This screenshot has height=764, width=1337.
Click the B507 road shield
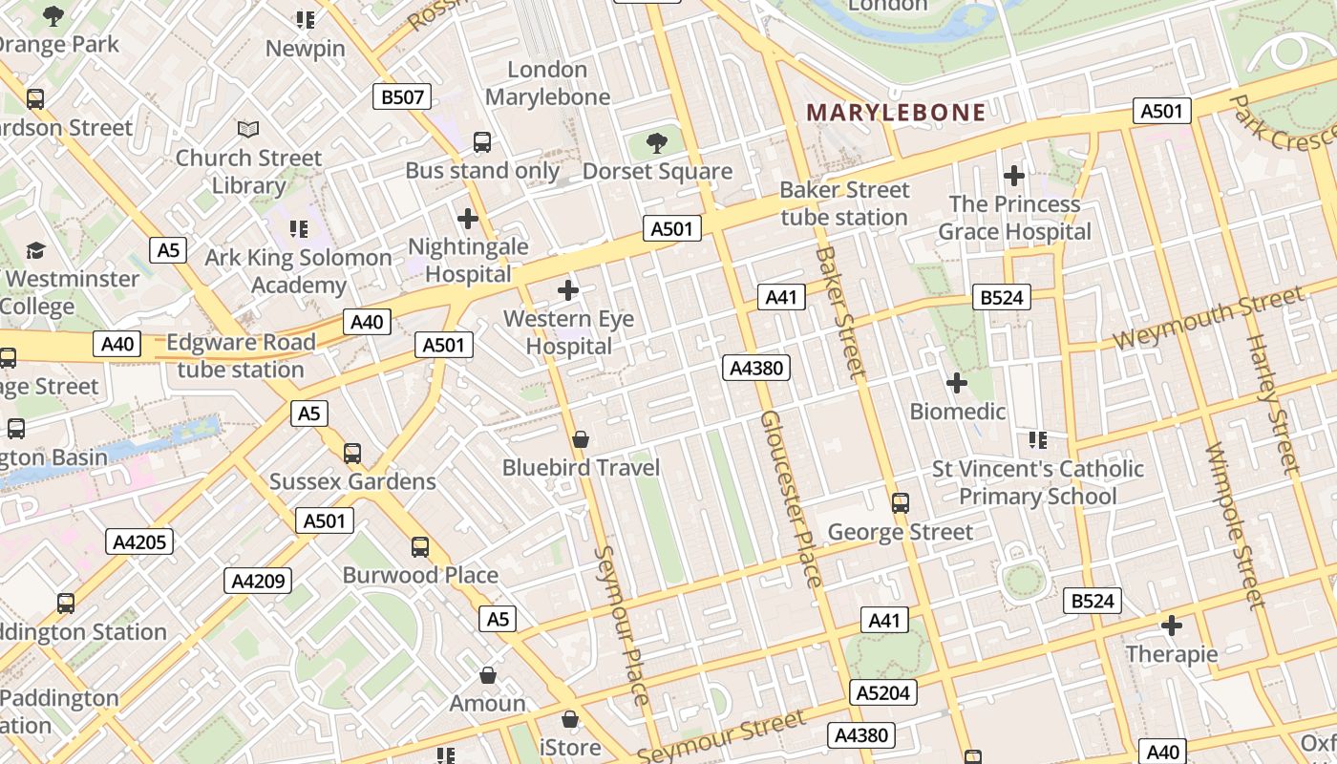click(402, 96)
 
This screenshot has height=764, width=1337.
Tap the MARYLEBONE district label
click(896, 113)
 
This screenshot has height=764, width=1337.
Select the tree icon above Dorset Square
click(656, 143)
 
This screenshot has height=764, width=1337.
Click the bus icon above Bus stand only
click(482, 142)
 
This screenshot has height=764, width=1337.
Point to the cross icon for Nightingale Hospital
click(467, 219)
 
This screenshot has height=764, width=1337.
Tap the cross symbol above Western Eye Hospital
click(568, 289)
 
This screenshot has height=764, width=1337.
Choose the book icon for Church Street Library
click(247, 129)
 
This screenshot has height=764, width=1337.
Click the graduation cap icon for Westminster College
click(36, 250)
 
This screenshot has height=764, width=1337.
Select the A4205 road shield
click(139, 542)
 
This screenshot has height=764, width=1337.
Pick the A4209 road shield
click(258, 581)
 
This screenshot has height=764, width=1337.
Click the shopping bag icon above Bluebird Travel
click(580, 439)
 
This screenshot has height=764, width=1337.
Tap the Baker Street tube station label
click(844, 203)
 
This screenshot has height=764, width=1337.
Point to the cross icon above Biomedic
click(956, 383)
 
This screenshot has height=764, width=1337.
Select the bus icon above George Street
click(900, 502)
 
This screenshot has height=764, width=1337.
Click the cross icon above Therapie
click(1172, 626)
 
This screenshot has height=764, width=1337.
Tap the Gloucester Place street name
click(791, 499)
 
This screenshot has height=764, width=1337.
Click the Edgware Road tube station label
click(241, 356)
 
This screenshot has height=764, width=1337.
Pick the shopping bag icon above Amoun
click(488, 675)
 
